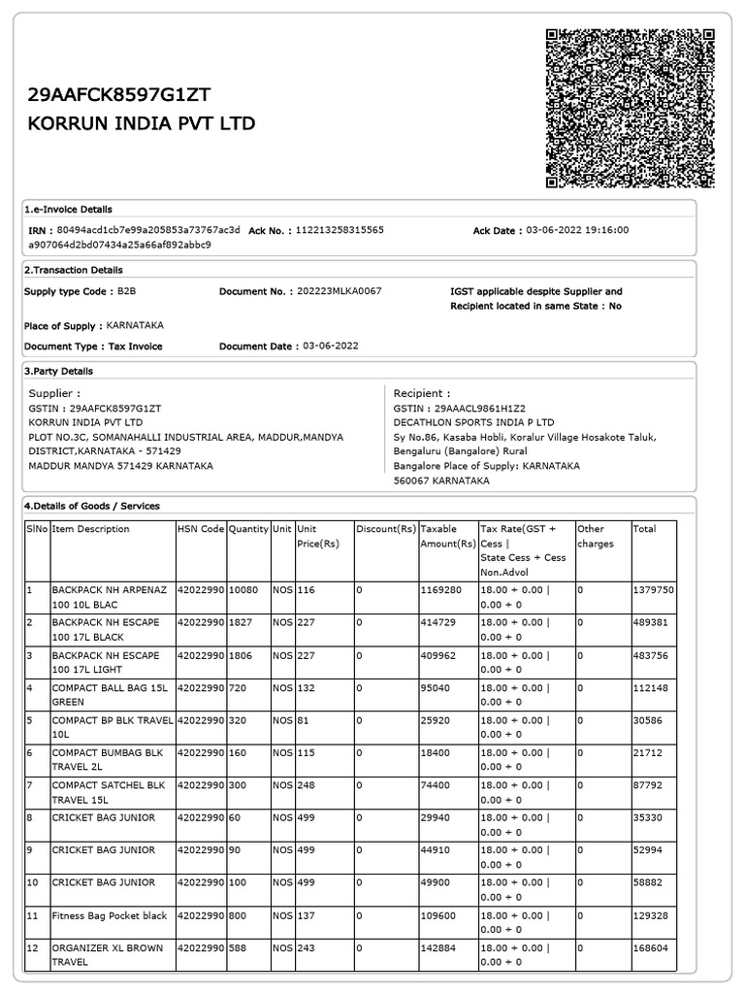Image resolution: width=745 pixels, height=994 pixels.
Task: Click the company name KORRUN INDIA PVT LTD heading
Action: coord(142,124)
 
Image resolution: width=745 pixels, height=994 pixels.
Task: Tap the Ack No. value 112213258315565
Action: coord(340,230)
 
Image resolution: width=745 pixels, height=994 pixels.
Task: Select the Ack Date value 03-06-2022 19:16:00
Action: coord(577,230)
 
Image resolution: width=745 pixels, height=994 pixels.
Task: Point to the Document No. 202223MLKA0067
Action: coord(339,291)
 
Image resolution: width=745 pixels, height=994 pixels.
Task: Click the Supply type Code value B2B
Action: coord(127,291)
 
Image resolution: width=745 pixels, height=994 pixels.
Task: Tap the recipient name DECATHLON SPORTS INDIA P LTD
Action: coord(473,423)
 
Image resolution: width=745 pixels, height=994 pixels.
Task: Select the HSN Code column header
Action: coord(201,529)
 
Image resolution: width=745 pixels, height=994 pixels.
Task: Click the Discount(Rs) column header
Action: coord(386,529)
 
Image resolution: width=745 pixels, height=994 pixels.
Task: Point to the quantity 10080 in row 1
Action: coord(243,589)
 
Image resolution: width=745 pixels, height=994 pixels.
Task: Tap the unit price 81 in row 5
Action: coord(303,720)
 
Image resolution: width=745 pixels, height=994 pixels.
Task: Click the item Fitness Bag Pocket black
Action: coord(110,915)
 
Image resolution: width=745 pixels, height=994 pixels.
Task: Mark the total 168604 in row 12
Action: coord(650,947)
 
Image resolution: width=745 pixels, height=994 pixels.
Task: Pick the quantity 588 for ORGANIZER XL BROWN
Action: coord(239,947)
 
